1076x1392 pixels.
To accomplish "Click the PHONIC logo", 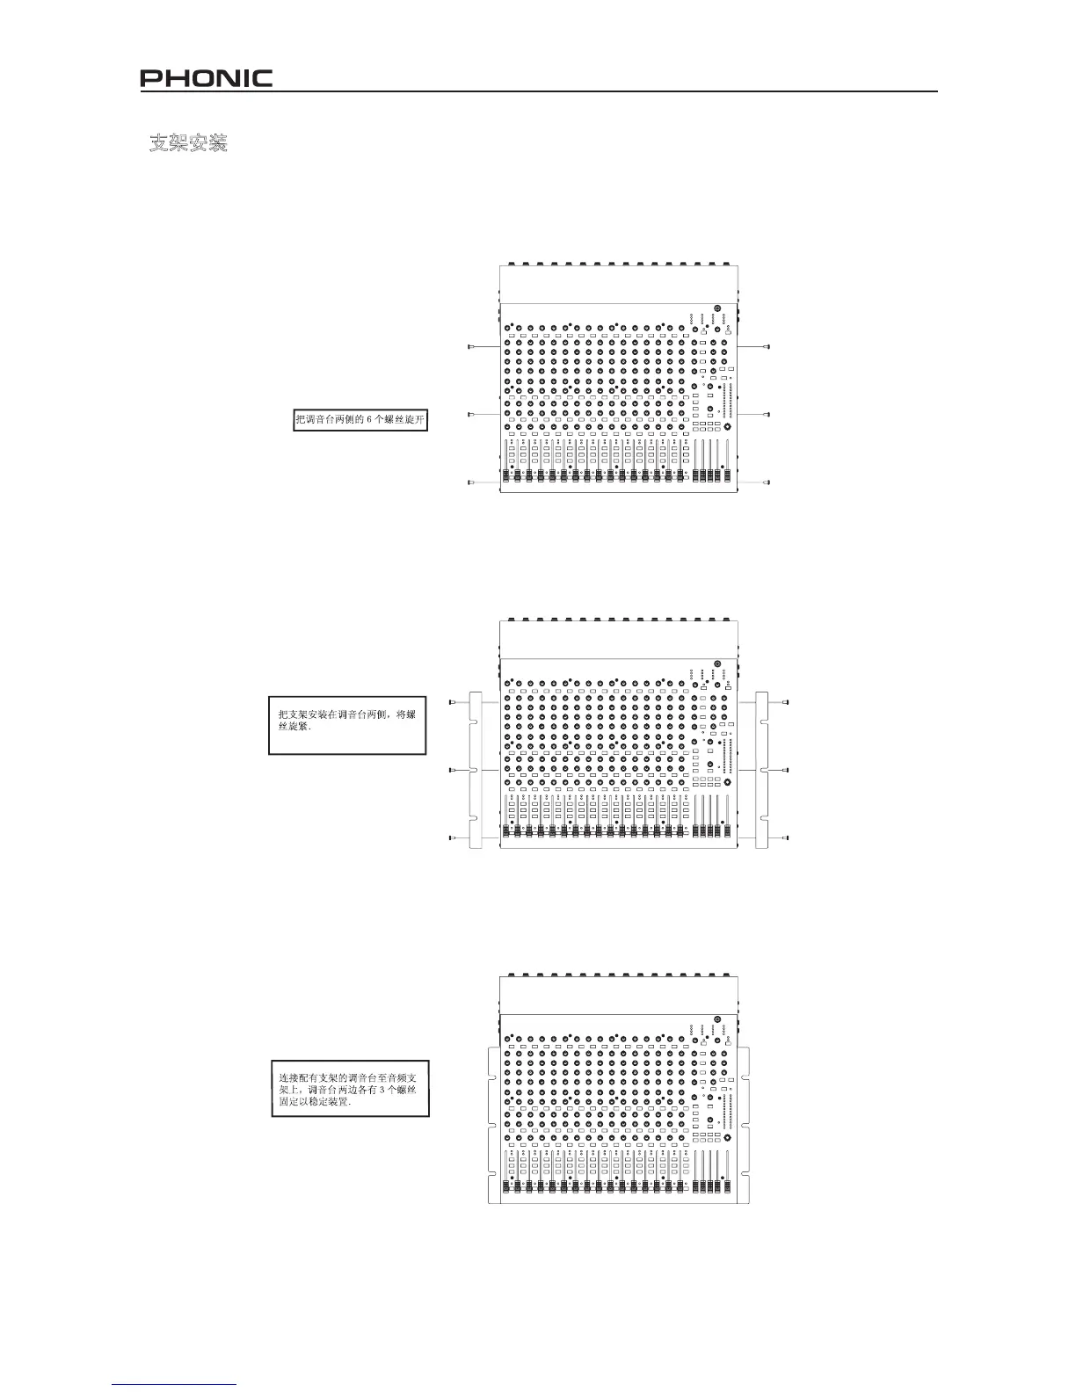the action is pyautogui.click(x=207, y=79).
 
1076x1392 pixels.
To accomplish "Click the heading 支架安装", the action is pyautogui.click(x=188, y=143).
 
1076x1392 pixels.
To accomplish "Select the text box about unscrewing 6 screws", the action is pyautogui.click(x=360, y=420).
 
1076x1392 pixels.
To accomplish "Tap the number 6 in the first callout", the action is pyautogui.click(x=369, y=420).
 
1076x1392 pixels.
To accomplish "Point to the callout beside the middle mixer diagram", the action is pyautogui.click(x=346, y=726).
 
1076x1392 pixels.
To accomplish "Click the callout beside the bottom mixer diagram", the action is pyautogui.click(x=350, y=1090).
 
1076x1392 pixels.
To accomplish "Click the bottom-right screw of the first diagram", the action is pyautogui.click(x=767, y=482).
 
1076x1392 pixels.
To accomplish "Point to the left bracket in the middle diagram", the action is pyautogui.click(x=476, y=771).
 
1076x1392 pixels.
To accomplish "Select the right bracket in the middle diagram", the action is pyautogui.click(x=761, y=771).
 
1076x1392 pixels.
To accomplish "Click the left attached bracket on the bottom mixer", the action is pyautogui.click(x=493, y=1125).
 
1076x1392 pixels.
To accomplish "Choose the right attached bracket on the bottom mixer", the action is pyautogui.click(x=743, y=1125).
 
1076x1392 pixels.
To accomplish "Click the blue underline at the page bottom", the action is pyautogui.click(x=175, y=1384).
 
